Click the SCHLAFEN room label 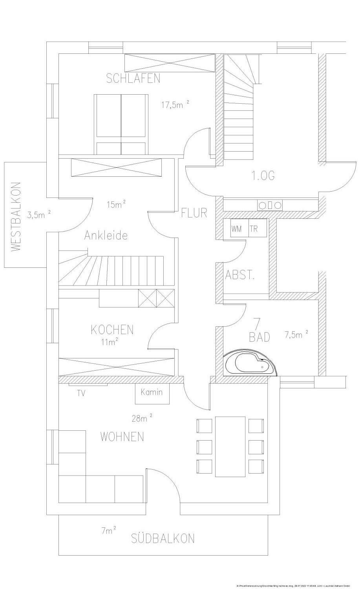[x=133, y=79]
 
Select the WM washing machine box [x=237, y=229]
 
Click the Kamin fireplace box [x=152, y=393]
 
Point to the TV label [x=81, y=393]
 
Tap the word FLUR [x=194, y=213]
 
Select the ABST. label [x=239, y=275]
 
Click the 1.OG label [x=263, y=176]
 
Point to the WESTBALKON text [x=15, y=217]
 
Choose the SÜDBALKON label [x=163, y=538]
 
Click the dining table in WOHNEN [x=230, y=446]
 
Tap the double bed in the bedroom [x=121, y=124]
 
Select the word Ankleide [x=106, y=236]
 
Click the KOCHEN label [x=112, y=329]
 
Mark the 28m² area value [x=142, y=419]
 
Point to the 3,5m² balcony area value [x=38, y=214]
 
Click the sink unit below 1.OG [x=270, y=205]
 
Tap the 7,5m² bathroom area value [x=296, y=335]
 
